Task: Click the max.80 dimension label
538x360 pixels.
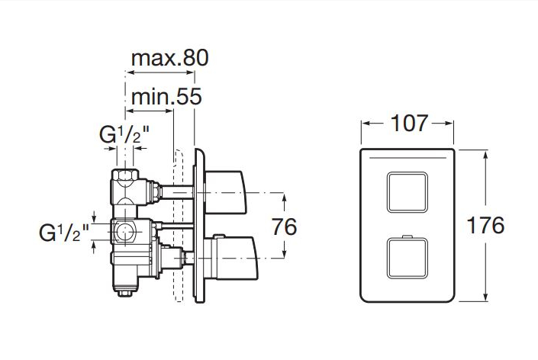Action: [x=170, y=58]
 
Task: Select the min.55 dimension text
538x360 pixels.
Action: [x=166, y=97]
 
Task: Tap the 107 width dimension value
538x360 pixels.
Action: [x=409, y=123]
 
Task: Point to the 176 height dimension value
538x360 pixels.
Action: [x=485, y=225]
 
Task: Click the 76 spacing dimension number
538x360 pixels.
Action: [x=285, y=227]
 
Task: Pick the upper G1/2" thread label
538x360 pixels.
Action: [x=124, y=134]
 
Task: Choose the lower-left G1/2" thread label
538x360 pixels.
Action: [x=64, y=233]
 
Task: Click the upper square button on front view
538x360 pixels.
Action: [x=408, y=192]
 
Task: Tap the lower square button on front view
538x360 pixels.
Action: [x=408, y=258]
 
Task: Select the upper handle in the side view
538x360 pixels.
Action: [x=225, y=192]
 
